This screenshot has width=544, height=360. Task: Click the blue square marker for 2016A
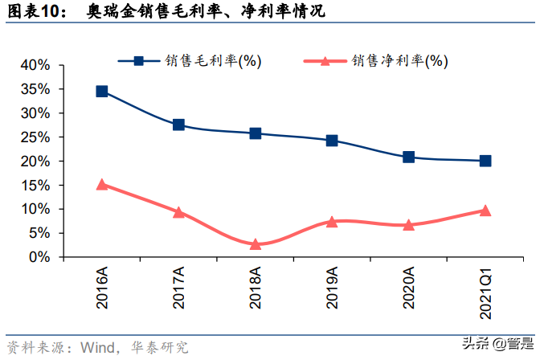pos(102,92)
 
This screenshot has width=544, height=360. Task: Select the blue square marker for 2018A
pos(255,133)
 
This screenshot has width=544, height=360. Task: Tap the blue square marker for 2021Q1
pos(485,161)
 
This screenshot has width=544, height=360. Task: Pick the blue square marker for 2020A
pos(408,157)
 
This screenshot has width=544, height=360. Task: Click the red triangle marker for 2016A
pos(102,184)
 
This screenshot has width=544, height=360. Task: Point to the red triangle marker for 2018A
pos(255,244)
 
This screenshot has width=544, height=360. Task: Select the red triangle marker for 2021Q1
pos(485,211)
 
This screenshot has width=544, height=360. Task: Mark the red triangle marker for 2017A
pos(178,212)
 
